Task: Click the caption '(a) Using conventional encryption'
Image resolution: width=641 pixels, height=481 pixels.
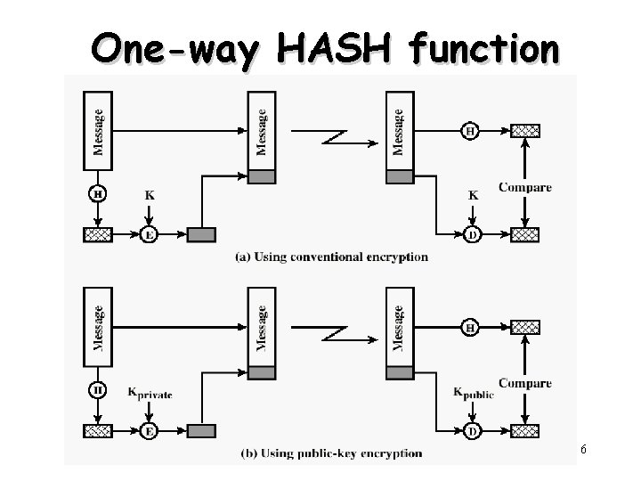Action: coord(331,257)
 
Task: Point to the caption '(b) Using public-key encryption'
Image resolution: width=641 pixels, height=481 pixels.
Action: coord(331,453)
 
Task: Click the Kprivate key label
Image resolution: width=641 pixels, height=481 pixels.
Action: coord(150,393)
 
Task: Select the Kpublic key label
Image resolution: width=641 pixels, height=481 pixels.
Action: coord(473,393)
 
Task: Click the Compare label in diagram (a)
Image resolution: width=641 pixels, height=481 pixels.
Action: coord(524,187)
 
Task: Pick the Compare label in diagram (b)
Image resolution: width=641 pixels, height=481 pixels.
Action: coord(524,383)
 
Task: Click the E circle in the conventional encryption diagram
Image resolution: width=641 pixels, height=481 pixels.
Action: coord(150,235)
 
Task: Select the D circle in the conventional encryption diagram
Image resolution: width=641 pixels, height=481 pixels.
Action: coord(472,235)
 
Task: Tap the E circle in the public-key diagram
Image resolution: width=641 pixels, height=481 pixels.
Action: coord(150,431)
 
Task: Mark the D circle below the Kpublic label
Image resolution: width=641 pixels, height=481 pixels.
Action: coord(472,431)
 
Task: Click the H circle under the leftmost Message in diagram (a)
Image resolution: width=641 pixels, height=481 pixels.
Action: coord(97,193)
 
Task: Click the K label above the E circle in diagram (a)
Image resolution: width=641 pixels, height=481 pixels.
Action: coord(149,194)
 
